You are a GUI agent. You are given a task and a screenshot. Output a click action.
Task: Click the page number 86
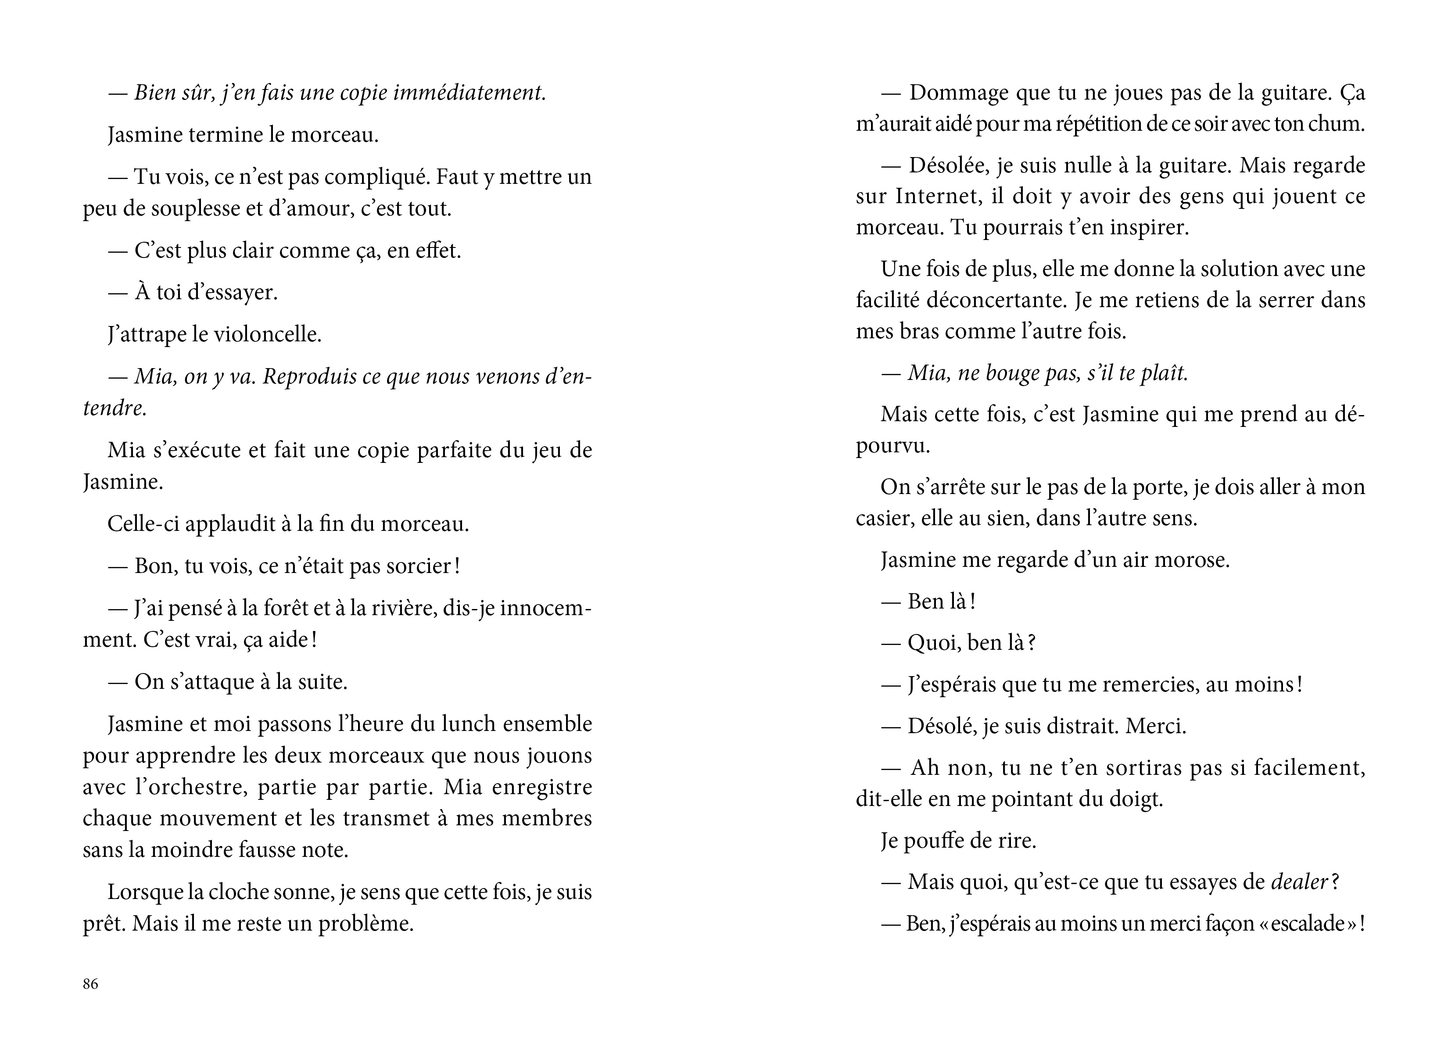tap(91, 984)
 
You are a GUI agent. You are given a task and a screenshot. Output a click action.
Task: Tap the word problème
tap(366, 924)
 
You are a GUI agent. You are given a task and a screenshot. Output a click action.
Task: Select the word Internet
tap(937, 196)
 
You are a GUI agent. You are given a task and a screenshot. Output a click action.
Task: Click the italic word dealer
tap(1299, 882)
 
